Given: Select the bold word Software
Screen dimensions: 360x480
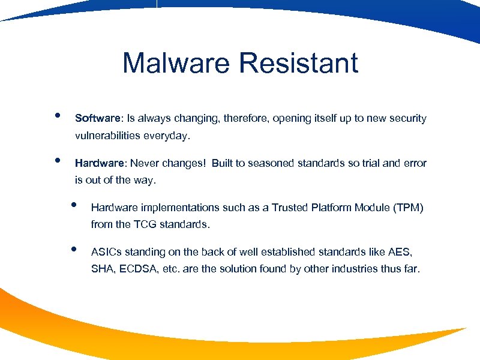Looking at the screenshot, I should [95, 118].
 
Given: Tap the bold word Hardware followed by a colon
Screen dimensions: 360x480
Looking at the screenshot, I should [100, 163].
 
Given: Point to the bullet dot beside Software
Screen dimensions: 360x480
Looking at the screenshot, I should [57, 115].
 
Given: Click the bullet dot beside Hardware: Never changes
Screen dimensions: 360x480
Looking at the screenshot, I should [57, 160].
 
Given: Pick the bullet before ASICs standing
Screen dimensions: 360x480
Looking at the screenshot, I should [73, 249].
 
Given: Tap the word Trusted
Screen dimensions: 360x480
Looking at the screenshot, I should [291, 208].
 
